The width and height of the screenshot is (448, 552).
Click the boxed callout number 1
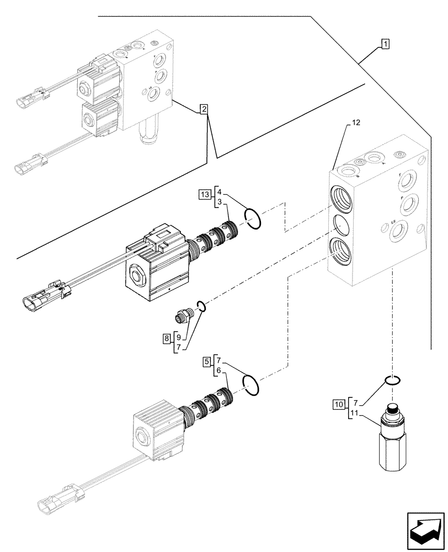tap(385, 44)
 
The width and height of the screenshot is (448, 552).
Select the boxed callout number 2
tap(204, 109)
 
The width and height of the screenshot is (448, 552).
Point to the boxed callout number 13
tap(205, 194)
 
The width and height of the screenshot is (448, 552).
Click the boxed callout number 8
tap(166, 339)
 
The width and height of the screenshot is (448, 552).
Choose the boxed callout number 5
tap(206, 362)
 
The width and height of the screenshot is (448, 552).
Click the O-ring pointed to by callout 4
tap(253, 218)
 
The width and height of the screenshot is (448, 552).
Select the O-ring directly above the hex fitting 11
tap(392, 380)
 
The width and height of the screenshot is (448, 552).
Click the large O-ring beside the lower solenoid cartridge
tap(250, 384)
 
